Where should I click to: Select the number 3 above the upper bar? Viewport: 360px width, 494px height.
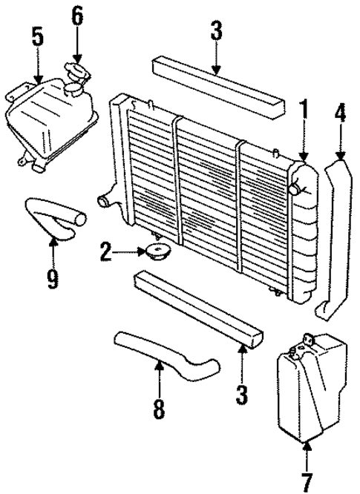(215, 31)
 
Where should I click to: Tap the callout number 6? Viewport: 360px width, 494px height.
(76, 15)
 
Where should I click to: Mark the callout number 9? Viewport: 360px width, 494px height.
(53, 277)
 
